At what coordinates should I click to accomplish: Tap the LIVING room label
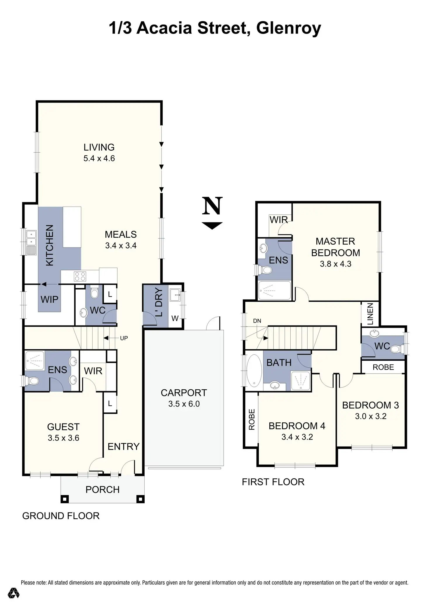coord(99,147)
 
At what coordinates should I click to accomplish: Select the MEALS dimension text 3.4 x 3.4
coord(121,245)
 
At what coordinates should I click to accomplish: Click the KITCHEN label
coord(50,245)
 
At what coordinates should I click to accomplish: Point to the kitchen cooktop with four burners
coord(80,276)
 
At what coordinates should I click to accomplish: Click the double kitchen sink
coord(31,238)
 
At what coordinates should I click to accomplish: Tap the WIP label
coord(49,299)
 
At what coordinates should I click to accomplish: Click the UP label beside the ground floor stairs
coord(124,338)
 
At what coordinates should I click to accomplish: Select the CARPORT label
coord(184,393)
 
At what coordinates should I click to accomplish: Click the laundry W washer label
coord(175,318)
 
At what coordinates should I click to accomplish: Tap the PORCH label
coord(103,489)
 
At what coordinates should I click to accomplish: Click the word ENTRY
coord(123,447)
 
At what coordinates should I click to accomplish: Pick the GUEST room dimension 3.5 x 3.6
coord(63,438)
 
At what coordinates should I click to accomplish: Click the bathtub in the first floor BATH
coord(254,370)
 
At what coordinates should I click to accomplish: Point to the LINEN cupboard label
coord(370,314)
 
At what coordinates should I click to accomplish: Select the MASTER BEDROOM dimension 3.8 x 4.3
coord(335,264)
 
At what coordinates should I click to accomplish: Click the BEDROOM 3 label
coord(370,405)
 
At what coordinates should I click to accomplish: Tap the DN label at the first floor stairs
coord(257,321)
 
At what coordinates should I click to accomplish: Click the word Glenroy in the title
coord(288,28)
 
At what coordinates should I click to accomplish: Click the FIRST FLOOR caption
coord(273,482)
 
